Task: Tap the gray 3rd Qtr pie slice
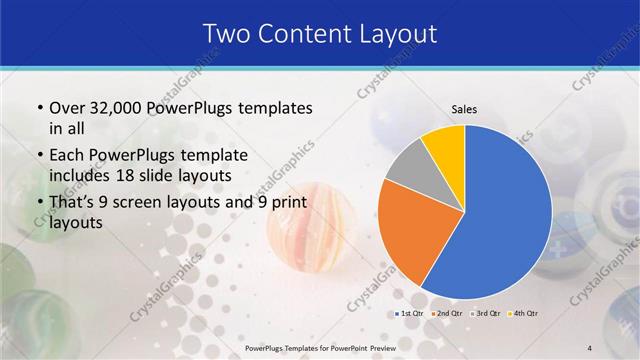[408, 167]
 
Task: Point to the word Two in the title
[226, 34]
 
